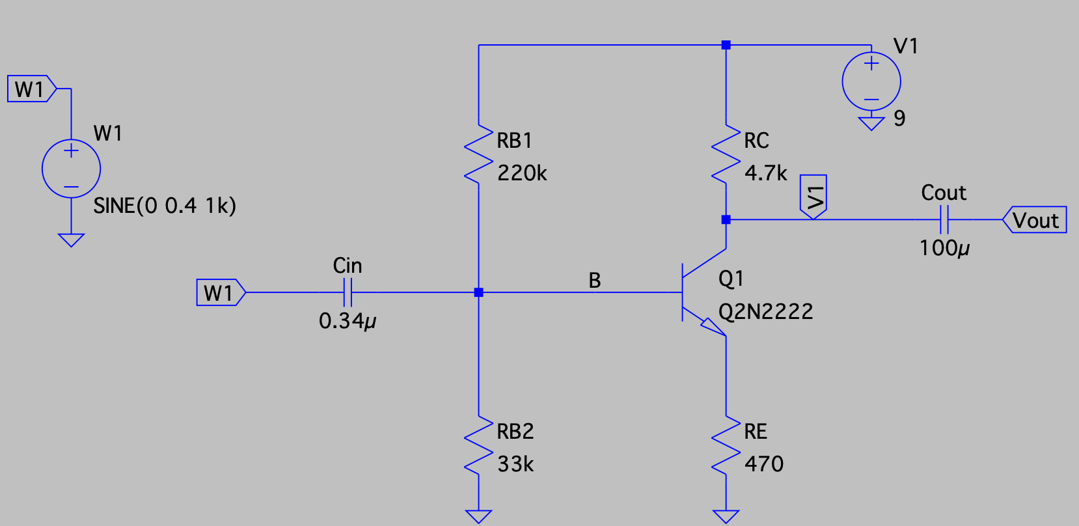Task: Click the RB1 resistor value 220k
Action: [522, 173]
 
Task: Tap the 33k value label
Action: [515, 464]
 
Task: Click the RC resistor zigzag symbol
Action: [726, 154]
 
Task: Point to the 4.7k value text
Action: [765, 173]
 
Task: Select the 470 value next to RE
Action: [764, 464]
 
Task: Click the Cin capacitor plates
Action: [348, 292]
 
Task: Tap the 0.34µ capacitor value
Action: [348, 321]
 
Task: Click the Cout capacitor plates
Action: [944, 220]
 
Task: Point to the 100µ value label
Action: [944, 248]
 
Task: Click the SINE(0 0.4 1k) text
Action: [165, 206]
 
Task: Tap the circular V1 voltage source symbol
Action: [871, 81]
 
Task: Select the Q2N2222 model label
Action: [765, 312]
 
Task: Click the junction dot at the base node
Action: [478, 292]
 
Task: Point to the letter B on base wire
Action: [594, 281]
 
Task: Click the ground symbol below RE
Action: [726, 516]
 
